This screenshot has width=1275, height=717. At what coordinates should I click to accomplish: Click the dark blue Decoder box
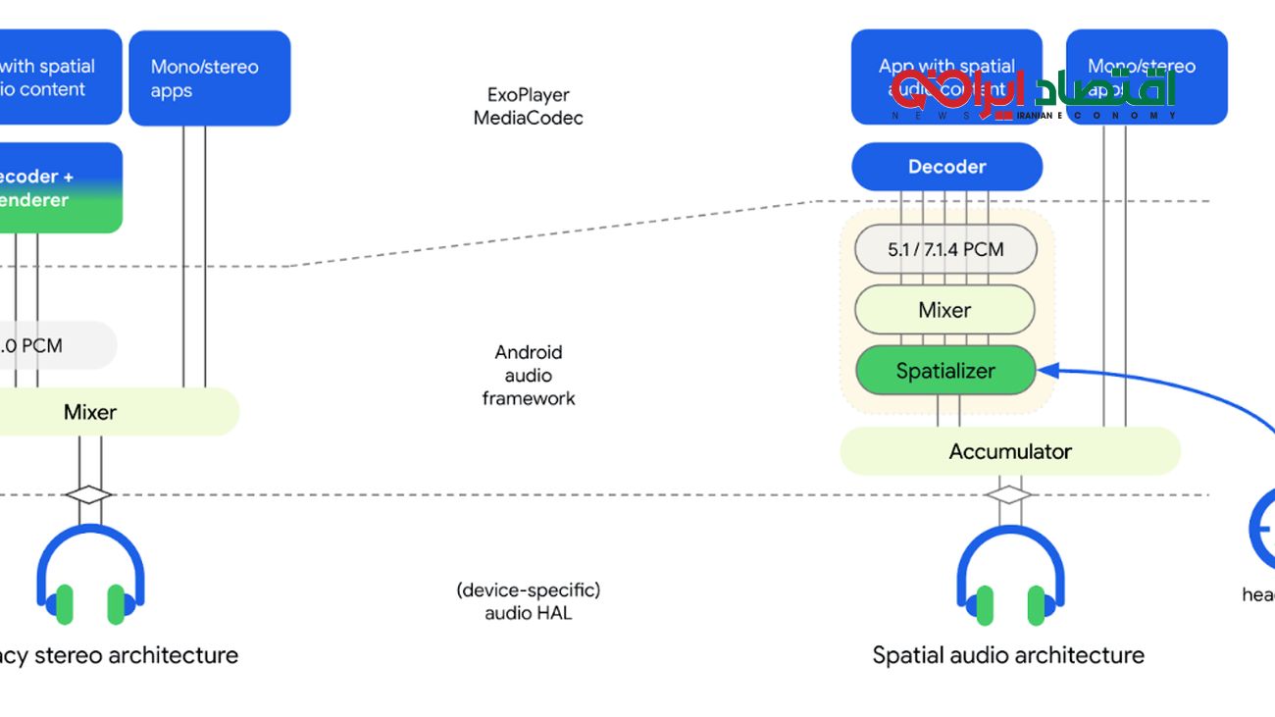click(x=946, y=167)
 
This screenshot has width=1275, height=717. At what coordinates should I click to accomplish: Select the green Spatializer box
click(x=945, y=371)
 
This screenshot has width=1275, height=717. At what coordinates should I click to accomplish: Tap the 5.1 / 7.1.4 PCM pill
click(x=945, y=249)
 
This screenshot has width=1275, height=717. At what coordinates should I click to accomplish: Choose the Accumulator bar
click(x=1010, y=451)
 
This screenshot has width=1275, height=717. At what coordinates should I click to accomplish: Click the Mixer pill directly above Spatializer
click(x=944, y=310)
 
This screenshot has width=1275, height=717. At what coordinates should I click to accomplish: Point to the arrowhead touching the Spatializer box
click(x=1045, y=370)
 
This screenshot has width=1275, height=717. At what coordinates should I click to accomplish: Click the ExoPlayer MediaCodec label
click(x=529, y=106)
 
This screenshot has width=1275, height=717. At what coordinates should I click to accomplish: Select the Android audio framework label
click(x=529, y=375)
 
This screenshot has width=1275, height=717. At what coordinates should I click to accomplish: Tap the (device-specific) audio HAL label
click(x=529, y=601)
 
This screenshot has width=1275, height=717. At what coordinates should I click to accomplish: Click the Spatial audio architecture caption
click(x=1008, y=655)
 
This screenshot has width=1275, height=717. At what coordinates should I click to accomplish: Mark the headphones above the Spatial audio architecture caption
click(x=1010, y=579)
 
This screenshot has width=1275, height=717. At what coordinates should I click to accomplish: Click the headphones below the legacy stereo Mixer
click(x=90, y=579)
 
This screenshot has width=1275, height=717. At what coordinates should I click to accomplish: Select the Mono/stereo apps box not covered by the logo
click(x=209, y=78)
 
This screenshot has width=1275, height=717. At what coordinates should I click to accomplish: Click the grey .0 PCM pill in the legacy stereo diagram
click(x=49, y=345)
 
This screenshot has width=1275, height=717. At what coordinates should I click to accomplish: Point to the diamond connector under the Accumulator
click(x=1008, y=495)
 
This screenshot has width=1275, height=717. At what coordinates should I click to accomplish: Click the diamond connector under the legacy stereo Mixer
click(x=88, y=495)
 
